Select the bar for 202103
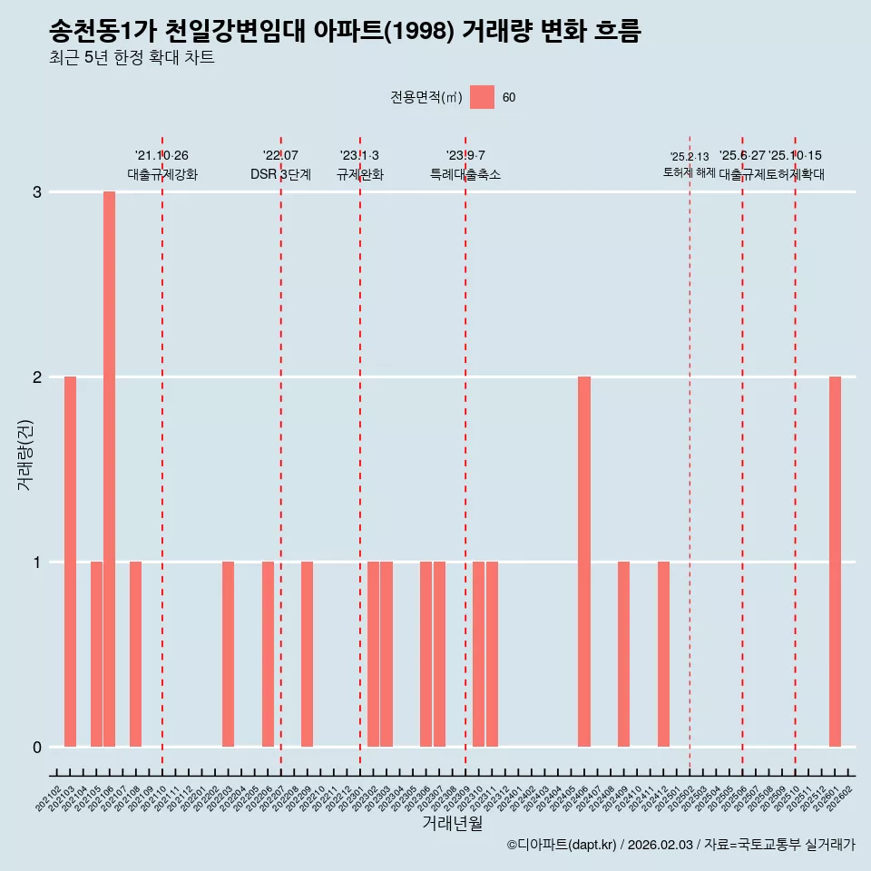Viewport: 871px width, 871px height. coord(70,562)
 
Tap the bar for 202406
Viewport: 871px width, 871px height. coord(584,562)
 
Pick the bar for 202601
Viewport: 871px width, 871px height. coord(835,562)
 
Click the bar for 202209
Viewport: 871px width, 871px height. coord(308,654)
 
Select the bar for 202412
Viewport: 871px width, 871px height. coord(663,654)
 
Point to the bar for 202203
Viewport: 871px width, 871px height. coord(228,654)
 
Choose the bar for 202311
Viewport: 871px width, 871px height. coord(492,654)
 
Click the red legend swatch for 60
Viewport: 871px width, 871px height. coord(482,97)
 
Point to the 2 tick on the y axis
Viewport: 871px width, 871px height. coord(37,377)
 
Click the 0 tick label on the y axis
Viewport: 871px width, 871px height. coord(37,747)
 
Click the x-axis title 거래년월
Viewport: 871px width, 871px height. coord(452,823)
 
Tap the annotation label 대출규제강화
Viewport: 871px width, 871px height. coord(161,174)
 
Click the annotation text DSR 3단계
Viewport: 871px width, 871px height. coord(280,174)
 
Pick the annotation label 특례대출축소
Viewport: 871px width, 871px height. coord(465,174)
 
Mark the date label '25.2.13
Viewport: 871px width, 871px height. coord(690,157)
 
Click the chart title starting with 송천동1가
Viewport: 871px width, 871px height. coord(345,32)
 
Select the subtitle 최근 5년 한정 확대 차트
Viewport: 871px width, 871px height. coord(132,59)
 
